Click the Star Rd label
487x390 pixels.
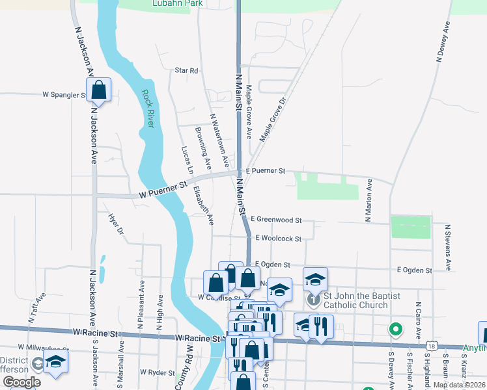(186, 70)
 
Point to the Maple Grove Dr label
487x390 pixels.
(273, 120)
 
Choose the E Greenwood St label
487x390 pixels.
(275, 220)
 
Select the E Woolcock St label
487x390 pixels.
(279, 239)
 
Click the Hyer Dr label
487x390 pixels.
(116, 223)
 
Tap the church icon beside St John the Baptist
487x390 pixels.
(313, 300)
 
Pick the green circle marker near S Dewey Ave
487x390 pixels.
(395, 330)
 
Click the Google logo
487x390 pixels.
(21, 383)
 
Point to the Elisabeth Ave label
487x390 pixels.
(203, 206)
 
